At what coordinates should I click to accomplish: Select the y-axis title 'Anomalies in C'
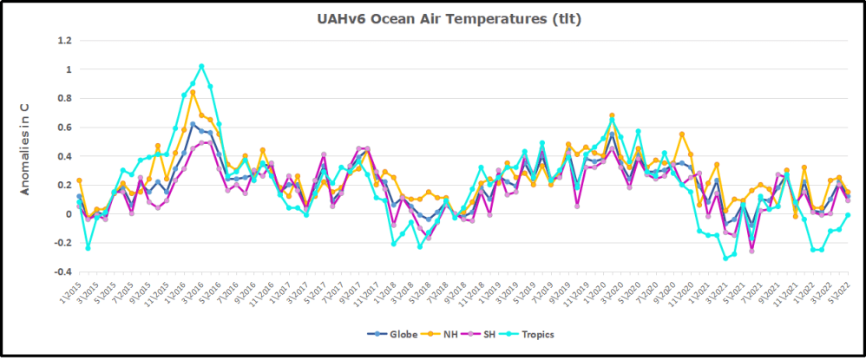[x=25, y=147]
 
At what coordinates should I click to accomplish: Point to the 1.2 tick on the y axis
[x=64, y=40]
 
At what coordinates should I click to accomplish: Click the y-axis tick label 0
[x=69, y=214]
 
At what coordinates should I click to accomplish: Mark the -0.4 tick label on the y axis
[x=62, y=272]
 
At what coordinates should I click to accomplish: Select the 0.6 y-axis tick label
[x=64, y=128]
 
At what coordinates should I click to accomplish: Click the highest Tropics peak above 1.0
[x=201, y=66]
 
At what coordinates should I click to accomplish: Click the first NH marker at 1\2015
[x=80, y=180]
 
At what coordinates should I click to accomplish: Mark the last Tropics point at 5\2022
[x=848, y=215]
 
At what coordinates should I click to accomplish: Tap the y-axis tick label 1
[x=69, y=69]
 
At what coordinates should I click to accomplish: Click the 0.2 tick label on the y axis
[x=64, y=186]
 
